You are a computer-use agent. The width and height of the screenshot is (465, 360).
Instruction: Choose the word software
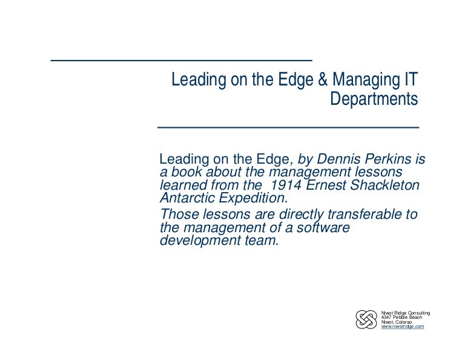pyautogui.click(x=320, y=227)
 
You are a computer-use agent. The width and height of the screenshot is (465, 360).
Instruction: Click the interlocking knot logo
pyautogui.click(x=366, y=319)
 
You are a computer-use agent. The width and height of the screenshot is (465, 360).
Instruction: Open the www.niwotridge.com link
pyautogui.click(x=403, y=327)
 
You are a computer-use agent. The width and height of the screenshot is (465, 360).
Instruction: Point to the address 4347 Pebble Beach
pyautogui.click(x=401, y=317)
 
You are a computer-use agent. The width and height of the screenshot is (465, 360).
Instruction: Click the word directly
pyautogui.click(x=291, y=215)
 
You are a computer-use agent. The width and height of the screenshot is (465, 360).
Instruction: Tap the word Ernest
pyautogui.click(x=324, y=185)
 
